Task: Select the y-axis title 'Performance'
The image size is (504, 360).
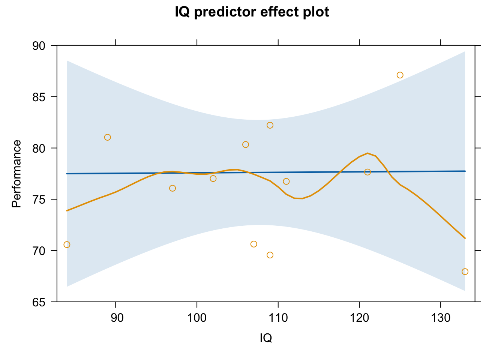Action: coord(16,174)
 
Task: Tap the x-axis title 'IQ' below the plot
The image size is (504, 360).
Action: coord(266,338)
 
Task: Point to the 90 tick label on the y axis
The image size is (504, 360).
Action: coord(39,46)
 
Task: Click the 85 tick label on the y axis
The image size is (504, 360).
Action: coord(39,97)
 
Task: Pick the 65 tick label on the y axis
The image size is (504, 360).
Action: coord(39,302)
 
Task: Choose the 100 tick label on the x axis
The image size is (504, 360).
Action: coord(197,318)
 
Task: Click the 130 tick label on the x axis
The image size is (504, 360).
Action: coord(441,318)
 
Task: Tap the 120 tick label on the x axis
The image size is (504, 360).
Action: coord(359,318)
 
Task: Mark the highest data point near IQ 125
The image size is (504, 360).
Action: coord(400,75)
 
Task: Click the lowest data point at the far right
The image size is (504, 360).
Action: coord(465,272)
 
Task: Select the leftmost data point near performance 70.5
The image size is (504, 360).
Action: coord(67,244)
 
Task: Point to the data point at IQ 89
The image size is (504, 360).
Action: coord(108,137)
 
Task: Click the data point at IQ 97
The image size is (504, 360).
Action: coord(172,188)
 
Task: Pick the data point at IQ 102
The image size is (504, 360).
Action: coord(213,178)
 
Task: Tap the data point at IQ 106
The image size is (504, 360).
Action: coord(246,144)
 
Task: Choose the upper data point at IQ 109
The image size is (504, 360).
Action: coord(270,125)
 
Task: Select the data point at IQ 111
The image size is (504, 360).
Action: coord(286,181)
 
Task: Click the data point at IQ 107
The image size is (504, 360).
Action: coord(253,244)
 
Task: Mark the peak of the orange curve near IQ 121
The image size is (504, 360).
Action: coord(367,153)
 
